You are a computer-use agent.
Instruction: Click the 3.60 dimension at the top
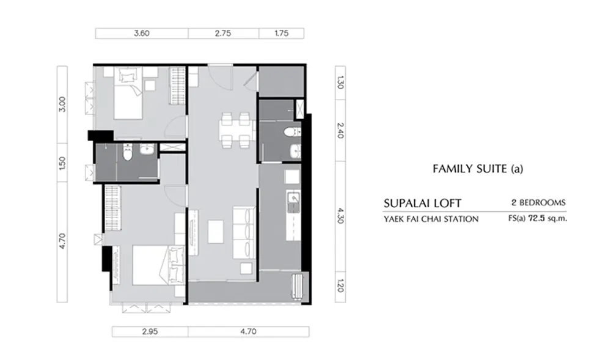pos(142,33)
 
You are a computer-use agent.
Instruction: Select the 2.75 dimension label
pos(223,33)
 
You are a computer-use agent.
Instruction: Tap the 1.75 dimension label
pos(281,33)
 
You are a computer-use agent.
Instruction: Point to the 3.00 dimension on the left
pos(62,104)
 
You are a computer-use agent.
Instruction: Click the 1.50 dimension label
pos(62,163)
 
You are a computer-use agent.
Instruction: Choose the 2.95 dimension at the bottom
pos(150,331)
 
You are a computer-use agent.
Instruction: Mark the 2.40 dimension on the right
pos(340,131)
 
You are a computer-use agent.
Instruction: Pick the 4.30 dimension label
pos(340,216)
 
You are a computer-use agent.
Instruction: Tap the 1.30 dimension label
pos(340,83)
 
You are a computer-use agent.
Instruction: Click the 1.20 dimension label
pos(340,286)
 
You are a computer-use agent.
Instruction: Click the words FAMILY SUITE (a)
pos(478,169)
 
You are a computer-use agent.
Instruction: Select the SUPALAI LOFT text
pos(422,203)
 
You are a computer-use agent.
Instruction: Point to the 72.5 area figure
pos(536,218)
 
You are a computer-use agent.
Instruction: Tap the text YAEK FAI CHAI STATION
pos(431,219)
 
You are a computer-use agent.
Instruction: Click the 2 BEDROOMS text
pos(538,202)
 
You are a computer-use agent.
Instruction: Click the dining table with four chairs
pos(236,131)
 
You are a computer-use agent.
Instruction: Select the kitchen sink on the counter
pos(293,198)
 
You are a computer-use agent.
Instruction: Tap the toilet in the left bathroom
pos(128,152)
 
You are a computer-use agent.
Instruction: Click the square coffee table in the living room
pos(216,232)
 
